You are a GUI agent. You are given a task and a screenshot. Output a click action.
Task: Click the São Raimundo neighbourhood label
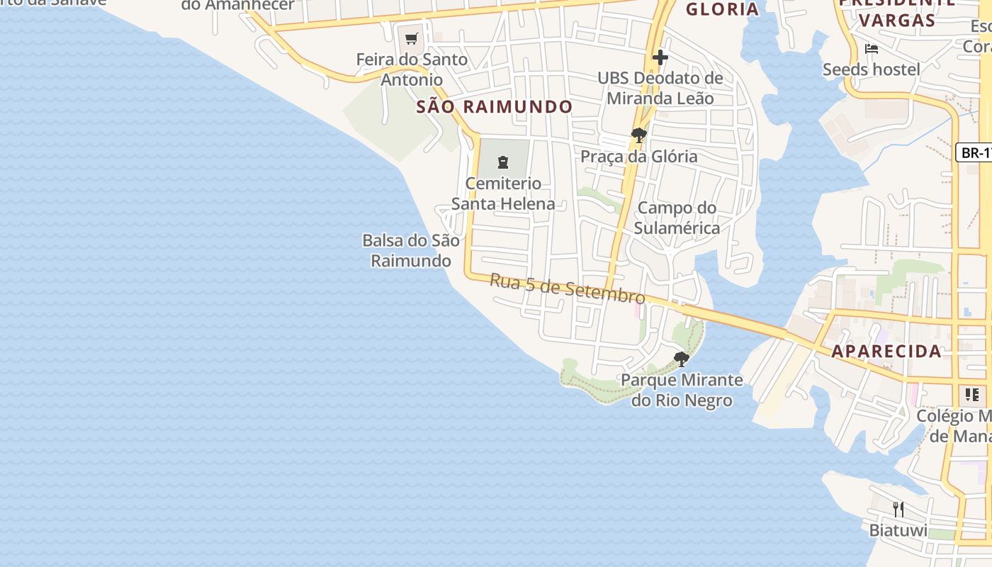(x=494, y=107)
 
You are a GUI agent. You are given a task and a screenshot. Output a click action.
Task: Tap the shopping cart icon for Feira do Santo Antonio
(x=412, y=38)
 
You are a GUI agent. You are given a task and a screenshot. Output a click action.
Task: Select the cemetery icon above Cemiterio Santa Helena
(x=503, y=162)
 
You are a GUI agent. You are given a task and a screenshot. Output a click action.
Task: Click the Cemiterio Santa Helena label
(x=503, y=193)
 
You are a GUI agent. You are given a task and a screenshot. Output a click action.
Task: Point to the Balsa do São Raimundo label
(x=411, y=250)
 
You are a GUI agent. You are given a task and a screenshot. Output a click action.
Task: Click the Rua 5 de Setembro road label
(x=567, y=288)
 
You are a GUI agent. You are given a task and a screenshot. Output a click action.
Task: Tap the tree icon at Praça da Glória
(x=638, y=135)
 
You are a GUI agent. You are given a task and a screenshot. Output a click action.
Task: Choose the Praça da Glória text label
(x=639, y=157)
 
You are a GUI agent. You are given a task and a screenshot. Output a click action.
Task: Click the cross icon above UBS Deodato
(x=660, y=57)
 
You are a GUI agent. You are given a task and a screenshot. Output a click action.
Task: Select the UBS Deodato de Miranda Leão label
(x=660, y=88)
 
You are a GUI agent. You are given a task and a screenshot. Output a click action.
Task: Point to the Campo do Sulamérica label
(x=677, y=218)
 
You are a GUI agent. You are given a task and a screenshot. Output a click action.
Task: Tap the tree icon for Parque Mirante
(x=682, y=359)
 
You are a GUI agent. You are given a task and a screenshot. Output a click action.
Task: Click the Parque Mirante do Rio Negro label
(x=682, y=390)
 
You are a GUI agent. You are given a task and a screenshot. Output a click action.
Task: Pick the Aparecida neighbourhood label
(x=886, y=351)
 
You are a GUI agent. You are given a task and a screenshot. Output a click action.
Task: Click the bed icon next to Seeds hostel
(x=872, y=49)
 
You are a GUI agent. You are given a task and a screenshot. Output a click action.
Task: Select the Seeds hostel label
(x=872, y=69)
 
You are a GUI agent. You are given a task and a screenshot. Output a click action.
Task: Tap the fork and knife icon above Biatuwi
(x=898, y=509)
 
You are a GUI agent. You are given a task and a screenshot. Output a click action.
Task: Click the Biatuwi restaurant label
(x=898, y=530)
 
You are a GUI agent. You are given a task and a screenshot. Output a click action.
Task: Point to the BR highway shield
(x=975, y=152)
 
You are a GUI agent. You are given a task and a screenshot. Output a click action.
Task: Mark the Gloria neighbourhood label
(x=723, y=9)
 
